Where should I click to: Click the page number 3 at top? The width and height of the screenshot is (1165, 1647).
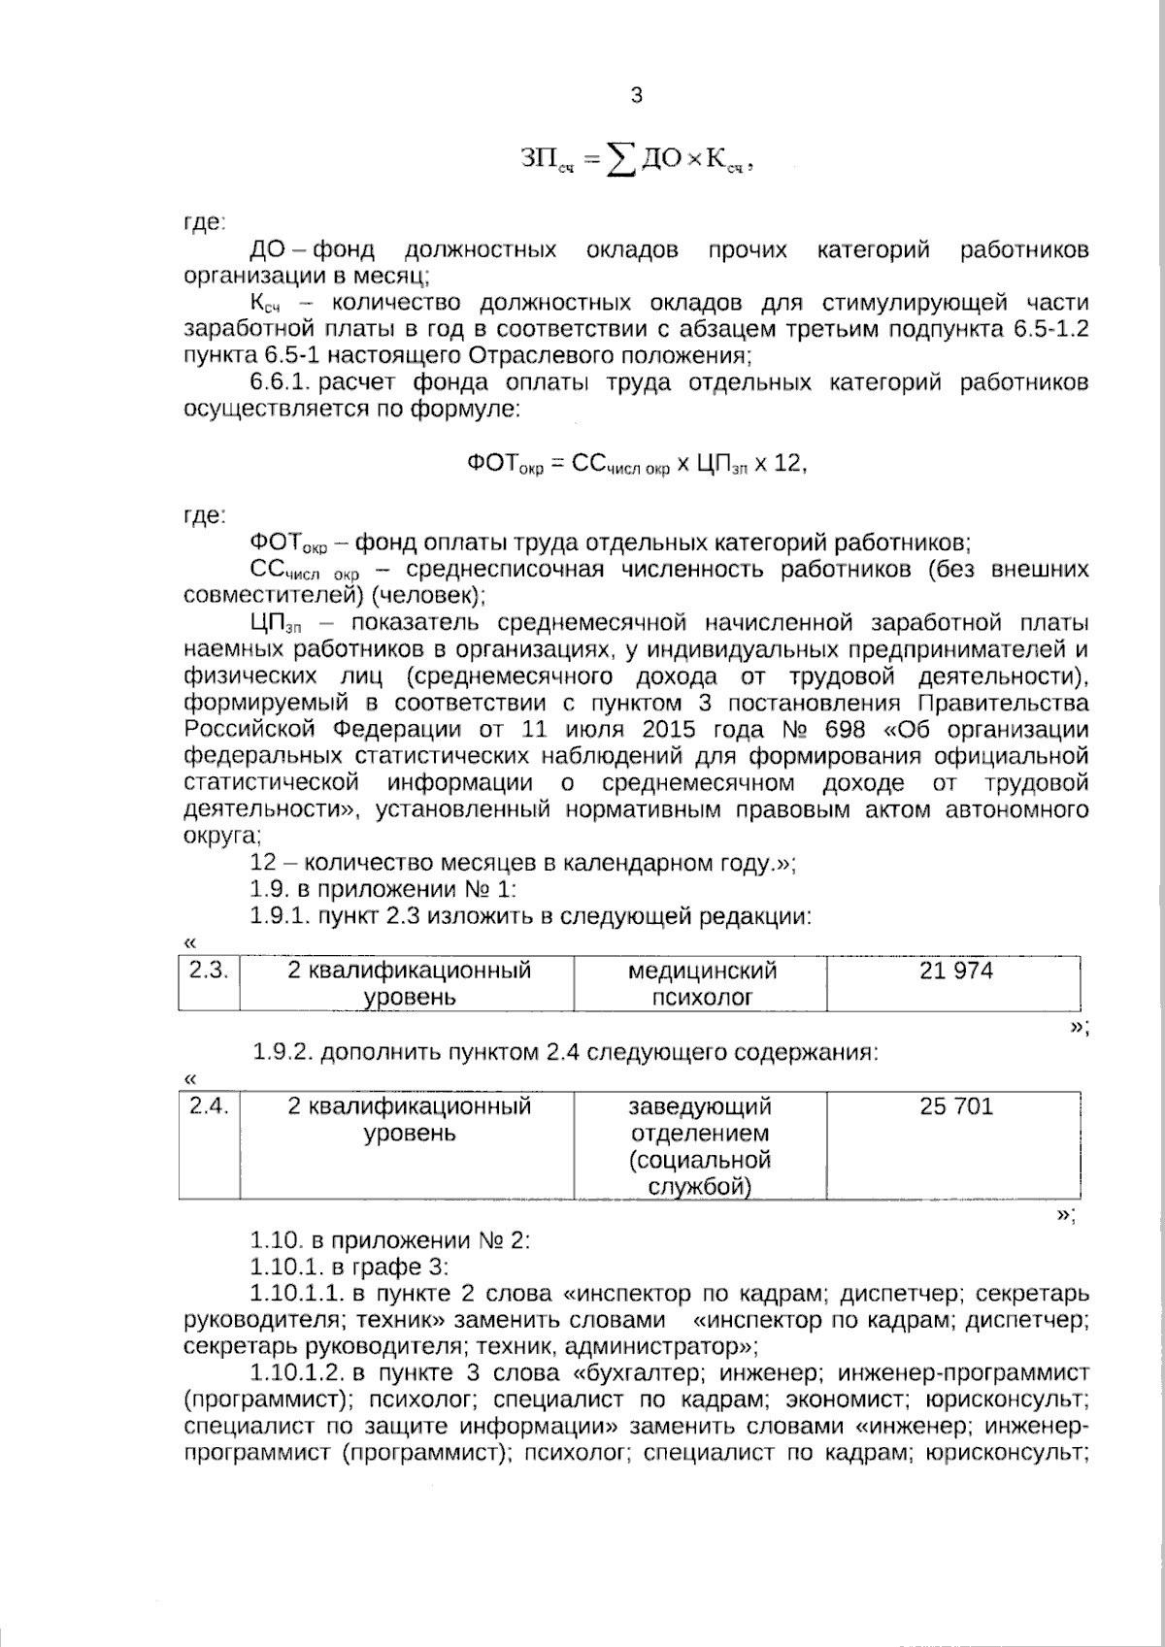coord(636,95)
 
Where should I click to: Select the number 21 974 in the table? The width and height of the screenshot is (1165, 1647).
coord(955,971)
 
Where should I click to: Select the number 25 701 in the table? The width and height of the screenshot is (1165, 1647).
coord(955,1106)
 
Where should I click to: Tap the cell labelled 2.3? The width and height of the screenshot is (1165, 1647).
coord(208,971)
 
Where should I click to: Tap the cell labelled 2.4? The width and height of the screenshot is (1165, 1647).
coord(208,1106)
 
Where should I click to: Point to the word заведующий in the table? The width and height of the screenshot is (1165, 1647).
coord(700,1106)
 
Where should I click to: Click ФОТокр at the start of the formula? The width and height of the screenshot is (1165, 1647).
coord(504,465)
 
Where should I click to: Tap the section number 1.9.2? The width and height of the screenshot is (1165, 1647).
coord(283,1052)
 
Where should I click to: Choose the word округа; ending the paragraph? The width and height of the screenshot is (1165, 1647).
coord(222,836)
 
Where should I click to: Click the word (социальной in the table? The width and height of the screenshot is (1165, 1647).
coord(700,1160)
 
